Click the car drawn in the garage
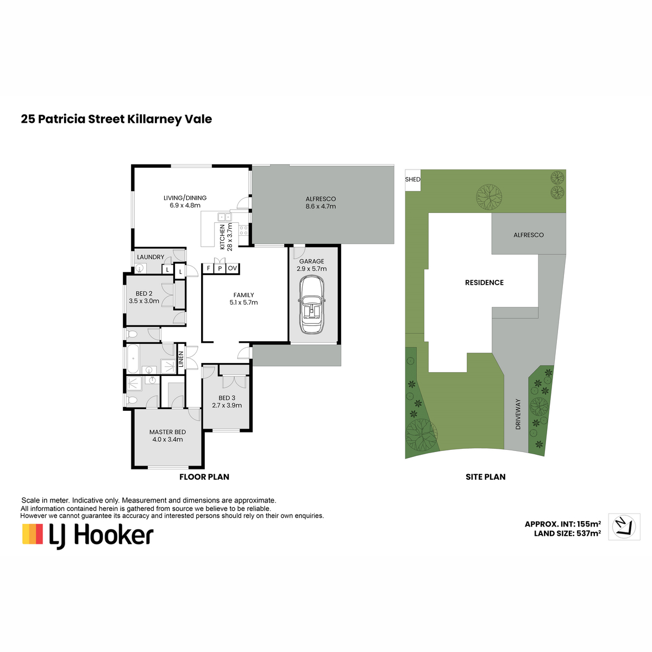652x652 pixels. (x=312, y=305)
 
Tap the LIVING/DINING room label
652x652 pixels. (x=185, y=198)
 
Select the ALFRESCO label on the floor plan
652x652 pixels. (x=321, y=199)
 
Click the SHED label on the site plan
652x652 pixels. (x=412, y=179)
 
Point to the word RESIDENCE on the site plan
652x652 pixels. (x=484, y=283)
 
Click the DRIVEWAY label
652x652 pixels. (x=518, y=414)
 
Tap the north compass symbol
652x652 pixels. (x=624, y=526)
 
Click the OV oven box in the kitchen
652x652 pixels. (x=233, y=268)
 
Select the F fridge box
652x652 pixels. (x=209, y=268)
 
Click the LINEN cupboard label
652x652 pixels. (x=181, y=359)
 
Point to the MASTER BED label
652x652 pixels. (x=167, y=432)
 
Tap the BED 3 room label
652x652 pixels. (x=227, y=398)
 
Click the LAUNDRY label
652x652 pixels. (x=151, y=257)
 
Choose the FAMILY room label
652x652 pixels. (x=243, y=295)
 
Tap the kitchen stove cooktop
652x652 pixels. (x=243, y=230)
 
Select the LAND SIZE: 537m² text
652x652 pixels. (x=567, y=534)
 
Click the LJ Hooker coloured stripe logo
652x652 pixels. (x=33, y=534)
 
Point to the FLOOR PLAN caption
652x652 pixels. (x=204, y=477)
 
